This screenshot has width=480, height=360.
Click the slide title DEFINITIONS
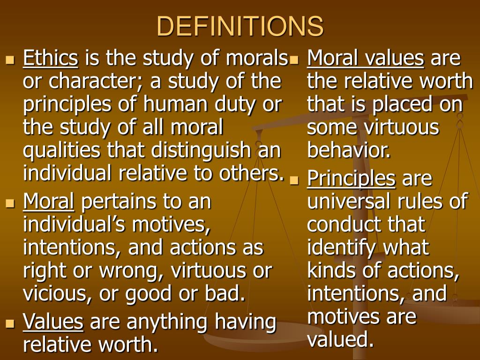coord(240,26)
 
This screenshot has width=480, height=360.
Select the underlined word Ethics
coord(51,59)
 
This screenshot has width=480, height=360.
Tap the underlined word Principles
coord(351,178)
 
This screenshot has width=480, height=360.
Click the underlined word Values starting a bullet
coord(53,322)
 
